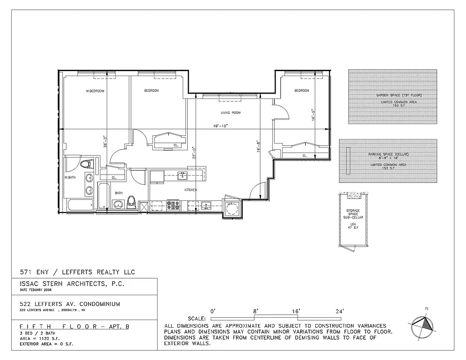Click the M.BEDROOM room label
tap(95, 91)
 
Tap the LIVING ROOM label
tap(231, 113)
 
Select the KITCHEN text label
tap(191, 190)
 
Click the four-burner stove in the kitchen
tap(173, 205)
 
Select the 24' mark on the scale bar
tap(339, 311)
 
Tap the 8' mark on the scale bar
tap(256, 311)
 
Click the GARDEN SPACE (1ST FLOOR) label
tap(393, 96)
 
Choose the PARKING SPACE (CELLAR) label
tap(388, 154)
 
